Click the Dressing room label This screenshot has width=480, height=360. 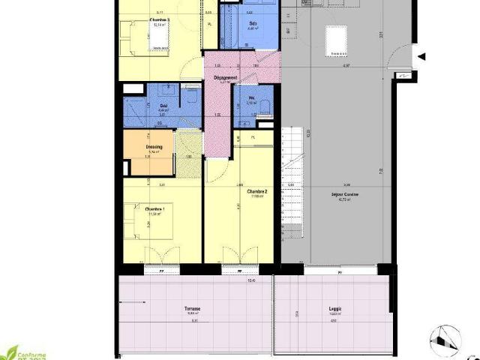point(155,147)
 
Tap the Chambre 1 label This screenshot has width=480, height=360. point(155,209)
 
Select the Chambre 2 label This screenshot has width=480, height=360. point(257,192)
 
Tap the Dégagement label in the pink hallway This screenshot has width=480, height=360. point(225,77)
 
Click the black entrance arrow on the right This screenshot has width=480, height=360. point(421,57)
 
